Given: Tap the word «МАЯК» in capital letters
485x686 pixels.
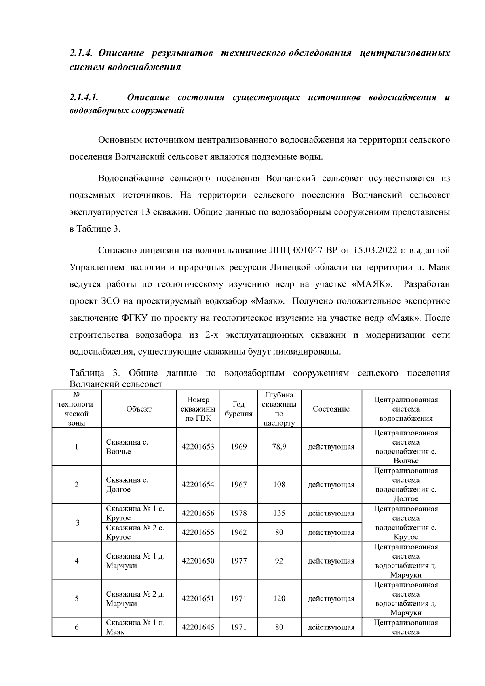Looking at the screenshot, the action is tap(372, 284).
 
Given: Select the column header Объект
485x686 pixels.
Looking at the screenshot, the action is tap(139, 409).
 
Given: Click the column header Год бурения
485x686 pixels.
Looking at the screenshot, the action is tap(238, 409).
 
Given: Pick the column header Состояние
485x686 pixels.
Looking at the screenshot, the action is tap(331, 409).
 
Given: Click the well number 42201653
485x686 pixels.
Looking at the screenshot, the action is tap(198, 447).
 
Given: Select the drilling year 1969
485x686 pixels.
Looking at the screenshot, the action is tap(238, 447).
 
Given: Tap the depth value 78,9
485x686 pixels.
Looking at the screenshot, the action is tap(279, 447).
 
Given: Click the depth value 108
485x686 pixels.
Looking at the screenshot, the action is tap(279, 485).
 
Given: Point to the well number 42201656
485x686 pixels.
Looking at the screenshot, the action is tap(198, 513).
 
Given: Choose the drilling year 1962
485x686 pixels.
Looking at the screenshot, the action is tap(238, 532).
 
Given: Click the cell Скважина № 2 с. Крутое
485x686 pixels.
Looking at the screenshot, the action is tap(135, 532).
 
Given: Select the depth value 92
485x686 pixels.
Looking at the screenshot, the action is tap(279, 561).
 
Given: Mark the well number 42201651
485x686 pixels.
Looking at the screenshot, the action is tap(198, 599).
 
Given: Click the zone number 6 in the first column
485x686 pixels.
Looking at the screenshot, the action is tap(76, 627).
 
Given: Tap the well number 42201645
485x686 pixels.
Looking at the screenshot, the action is tap(198, 627).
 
